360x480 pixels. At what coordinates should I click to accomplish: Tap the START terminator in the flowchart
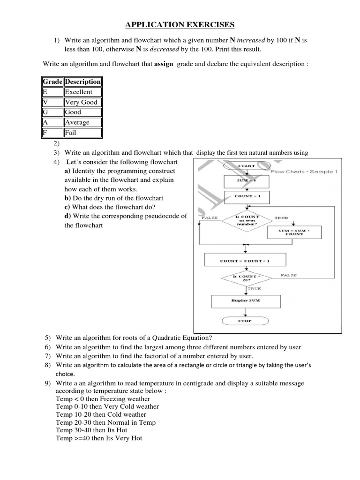[246, 165]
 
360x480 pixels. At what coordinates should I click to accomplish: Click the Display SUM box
[246, 300]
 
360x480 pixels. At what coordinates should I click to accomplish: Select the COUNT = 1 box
[246, 196]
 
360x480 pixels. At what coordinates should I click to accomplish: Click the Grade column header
[52, 82]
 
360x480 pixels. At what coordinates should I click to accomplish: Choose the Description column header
[82, 82]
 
